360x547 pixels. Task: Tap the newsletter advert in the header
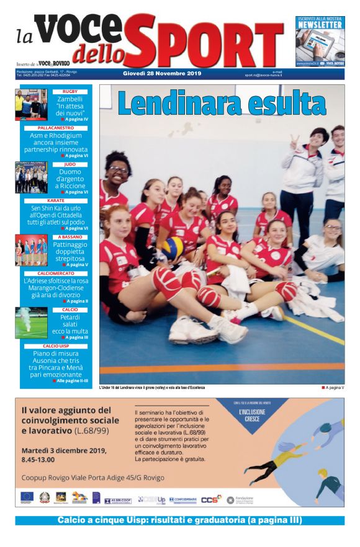coord(320,41)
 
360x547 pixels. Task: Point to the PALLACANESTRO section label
coord(56,128)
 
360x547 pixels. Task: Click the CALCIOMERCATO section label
coord(56,273)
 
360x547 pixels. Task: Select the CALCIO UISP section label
coord(56,345)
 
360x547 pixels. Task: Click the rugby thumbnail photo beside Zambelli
coord(31,105)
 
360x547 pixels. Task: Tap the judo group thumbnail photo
coord(31,177)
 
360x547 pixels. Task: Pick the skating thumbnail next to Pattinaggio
coord(31,250)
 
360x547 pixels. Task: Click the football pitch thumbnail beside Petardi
coord(31,322)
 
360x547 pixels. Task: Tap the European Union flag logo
coord(26,497)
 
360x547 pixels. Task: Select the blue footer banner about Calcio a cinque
coord(179,520)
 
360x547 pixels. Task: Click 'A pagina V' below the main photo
coord(333,388)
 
